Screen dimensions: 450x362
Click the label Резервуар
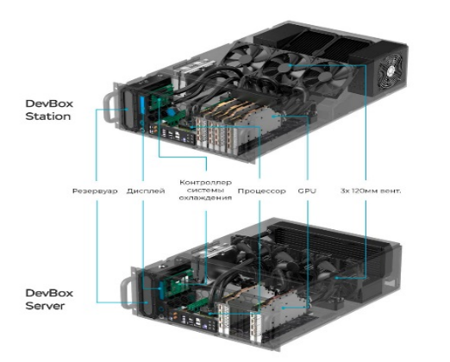[95, 191]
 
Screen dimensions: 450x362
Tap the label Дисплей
[146, 191]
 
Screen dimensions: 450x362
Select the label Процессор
[262, 191]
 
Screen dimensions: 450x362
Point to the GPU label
[307, 191]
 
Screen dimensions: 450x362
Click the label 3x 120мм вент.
[371, 190]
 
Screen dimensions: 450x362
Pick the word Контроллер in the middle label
[205, 183]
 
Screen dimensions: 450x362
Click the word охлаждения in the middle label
[205, 198]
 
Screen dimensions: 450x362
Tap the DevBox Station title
[49, 109]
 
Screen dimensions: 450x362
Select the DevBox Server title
[49, 299]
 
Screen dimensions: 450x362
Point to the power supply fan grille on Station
[390, 72]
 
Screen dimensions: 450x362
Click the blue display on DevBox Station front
[141, 105]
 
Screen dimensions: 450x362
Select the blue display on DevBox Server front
[161, 289]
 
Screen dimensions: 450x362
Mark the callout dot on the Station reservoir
[127, 109]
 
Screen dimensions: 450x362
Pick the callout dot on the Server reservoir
[147, 303]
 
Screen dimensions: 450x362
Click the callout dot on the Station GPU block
[272, 116]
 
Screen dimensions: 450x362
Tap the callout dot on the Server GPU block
[283, 308]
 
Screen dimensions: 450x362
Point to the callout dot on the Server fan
[337, 278]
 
